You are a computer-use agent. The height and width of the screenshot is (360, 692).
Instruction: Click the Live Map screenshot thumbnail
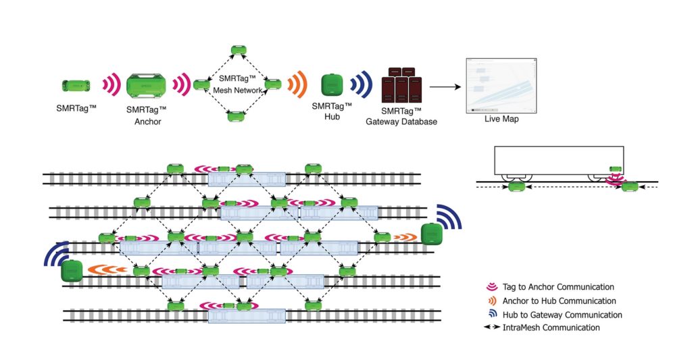500,86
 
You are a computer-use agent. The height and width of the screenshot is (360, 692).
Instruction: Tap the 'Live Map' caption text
500,120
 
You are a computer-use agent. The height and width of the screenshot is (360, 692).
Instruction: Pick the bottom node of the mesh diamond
237,117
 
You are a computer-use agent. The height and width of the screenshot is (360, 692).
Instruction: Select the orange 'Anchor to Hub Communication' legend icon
491,301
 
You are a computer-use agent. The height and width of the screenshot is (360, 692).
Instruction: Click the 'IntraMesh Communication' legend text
551,328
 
